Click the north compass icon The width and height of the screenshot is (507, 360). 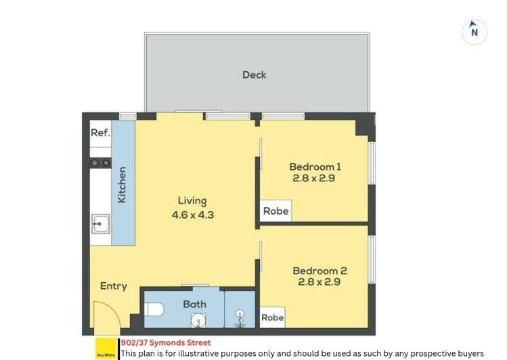click(475, 31)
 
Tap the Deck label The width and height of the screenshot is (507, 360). click(254, 74)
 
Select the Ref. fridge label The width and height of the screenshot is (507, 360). click(100, 133)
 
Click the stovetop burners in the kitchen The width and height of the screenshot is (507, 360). click(100, 162)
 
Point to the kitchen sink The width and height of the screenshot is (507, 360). click(101, 221)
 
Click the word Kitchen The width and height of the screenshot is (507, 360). click(123, 185)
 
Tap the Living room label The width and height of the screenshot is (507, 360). click(192, 201)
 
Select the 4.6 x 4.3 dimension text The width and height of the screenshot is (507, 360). click(192, 215)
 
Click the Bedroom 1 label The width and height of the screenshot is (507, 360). click(315, 166)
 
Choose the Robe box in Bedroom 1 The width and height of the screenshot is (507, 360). click(275, 211)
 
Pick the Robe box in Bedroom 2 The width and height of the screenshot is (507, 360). click(272, 317)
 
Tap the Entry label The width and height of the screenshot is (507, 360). click(113, 286)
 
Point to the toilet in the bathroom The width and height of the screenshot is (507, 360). click(154, 310)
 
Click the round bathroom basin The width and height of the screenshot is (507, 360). click(198, 320)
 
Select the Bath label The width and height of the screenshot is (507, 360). click(194, 304)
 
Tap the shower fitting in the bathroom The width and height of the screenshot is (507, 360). click(239, 317)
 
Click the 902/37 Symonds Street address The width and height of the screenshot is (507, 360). click(165, 343)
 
